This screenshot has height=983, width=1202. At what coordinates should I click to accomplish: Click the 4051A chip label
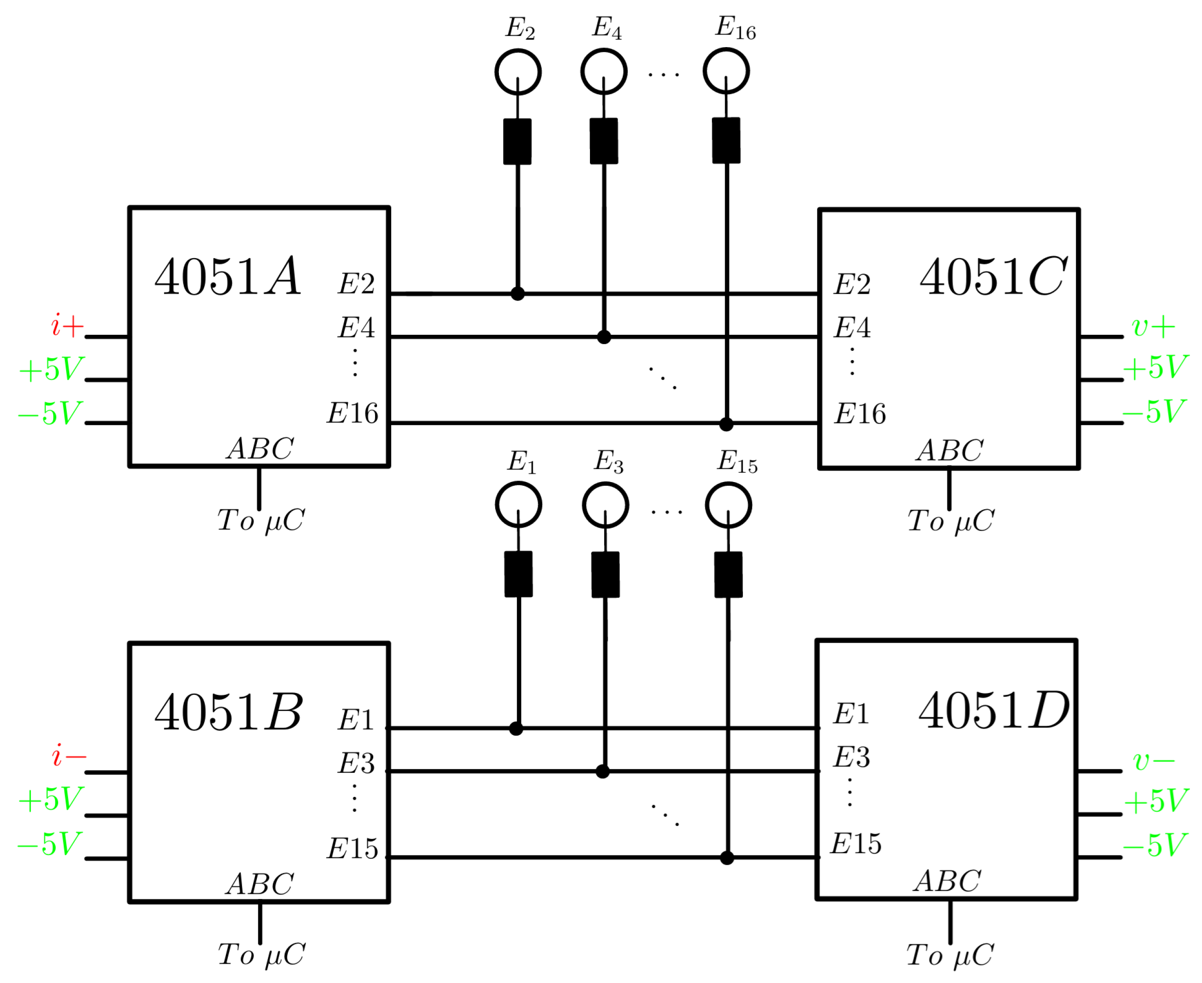pyautogui.click(x=227, y=277)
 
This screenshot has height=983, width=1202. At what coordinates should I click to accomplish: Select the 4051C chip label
pyautogui.click(x=992, y=277)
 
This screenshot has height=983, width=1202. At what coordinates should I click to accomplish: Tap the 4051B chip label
pyautogui.click(x=228, y=713)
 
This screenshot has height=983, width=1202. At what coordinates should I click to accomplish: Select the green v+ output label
pyautogui.click(x=1152, y=327)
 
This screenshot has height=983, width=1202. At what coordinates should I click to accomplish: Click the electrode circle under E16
pyautogui.click(x=726, y=72)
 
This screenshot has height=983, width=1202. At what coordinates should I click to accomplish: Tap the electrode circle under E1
pyautogui.click(x=518, y=505)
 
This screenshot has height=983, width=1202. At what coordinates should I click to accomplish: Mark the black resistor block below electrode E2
pyautogui.click(x=517, y=142)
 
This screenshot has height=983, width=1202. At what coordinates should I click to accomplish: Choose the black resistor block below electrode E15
pyautogui.click(x=728, y=575)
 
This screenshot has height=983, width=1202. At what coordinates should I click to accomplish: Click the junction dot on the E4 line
pyautogui.click(x=604, y=338)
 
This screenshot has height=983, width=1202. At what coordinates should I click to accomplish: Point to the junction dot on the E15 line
pyautogui.click(x=727, y=858)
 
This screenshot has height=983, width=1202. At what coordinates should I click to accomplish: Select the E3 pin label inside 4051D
pyautogui.click(x=851, y=757)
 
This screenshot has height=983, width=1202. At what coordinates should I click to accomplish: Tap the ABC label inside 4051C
pyautogui.click(x=949, y=451)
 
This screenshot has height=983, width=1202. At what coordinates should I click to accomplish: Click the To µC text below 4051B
pyautogui.click(x=261, y=955)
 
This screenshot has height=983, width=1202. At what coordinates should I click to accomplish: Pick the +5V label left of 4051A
pyautogui.click(x=51, y=369)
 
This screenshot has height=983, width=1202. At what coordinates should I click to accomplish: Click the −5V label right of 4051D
pyautogui.click(x=1153, y=845)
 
